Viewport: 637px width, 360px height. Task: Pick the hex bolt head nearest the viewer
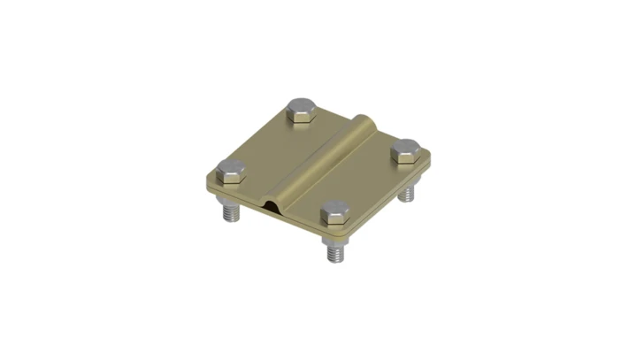tap(334, 212)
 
